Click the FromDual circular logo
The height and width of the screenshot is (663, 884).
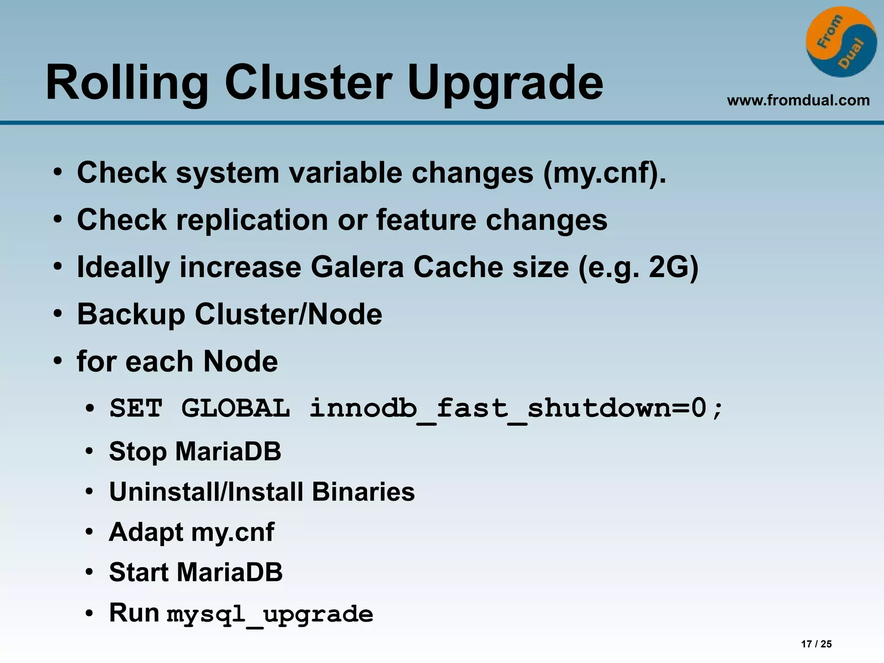841,42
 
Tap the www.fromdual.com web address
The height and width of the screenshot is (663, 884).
798,101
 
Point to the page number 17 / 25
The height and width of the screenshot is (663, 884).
816,644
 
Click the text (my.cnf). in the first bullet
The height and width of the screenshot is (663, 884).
604,173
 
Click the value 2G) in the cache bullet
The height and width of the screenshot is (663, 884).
673,267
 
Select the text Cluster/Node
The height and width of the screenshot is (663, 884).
288,314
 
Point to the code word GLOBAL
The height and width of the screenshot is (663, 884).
236,408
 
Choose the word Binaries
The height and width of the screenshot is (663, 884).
363,492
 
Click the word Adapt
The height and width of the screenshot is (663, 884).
146,533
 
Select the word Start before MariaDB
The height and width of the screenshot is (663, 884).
138,572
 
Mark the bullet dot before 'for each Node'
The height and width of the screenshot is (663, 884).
58,361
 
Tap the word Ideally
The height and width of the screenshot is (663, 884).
123,268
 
